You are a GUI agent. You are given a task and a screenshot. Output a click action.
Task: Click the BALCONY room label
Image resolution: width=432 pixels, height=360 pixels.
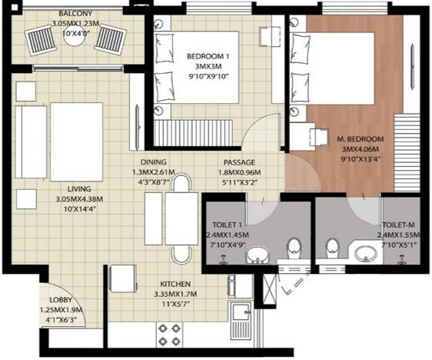(x=75, y=13)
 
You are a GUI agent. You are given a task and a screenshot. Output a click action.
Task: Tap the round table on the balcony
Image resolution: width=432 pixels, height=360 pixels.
(x=75, y=36)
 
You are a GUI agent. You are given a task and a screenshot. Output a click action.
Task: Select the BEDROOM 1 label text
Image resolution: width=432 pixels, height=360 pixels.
(x=208, y=56)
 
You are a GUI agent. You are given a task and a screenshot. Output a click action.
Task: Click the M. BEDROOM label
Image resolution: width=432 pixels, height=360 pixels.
(x=361, y=139)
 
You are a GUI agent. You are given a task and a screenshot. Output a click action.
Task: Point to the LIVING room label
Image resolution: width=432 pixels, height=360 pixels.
(x=79, y=188)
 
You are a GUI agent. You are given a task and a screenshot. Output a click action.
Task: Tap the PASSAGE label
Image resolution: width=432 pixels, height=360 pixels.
(x=239, y=162)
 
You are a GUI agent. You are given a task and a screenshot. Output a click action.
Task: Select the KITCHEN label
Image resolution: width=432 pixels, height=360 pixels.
(x=175, y=284)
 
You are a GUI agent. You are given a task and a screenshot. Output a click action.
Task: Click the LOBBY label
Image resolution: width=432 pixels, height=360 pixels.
(x=61, y=300)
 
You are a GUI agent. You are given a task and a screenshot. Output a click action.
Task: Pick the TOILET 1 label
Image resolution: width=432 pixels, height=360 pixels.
(x=228, y=225)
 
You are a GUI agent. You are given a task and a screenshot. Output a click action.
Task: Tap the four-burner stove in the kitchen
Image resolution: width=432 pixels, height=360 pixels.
(x=169, y=335)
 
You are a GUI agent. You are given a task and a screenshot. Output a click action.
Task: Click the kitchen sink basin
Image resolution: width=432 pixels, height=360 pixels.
(x=241, y=312)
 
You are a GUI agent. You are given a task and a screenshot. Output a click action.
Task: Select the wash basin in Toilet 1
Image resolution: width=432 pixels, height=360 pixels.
(x=258, y=255)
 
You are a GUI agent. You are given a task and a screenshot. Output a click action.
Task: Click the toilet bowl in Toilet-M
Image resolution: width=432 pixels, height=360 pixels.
(x=333, y=248)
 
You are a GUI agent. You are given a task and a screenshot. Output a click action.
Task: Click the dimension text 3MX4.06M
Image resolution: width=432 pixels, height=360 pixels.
(x=360, y=149)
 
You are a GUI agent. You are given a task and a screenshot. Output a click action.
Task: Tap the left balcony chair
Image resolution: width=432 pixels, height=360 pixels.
(x=42, y=39)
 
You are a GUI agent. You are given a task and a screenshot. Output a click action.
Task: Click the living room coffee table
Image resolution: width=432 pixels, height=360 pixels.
(x=77, y=142)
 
